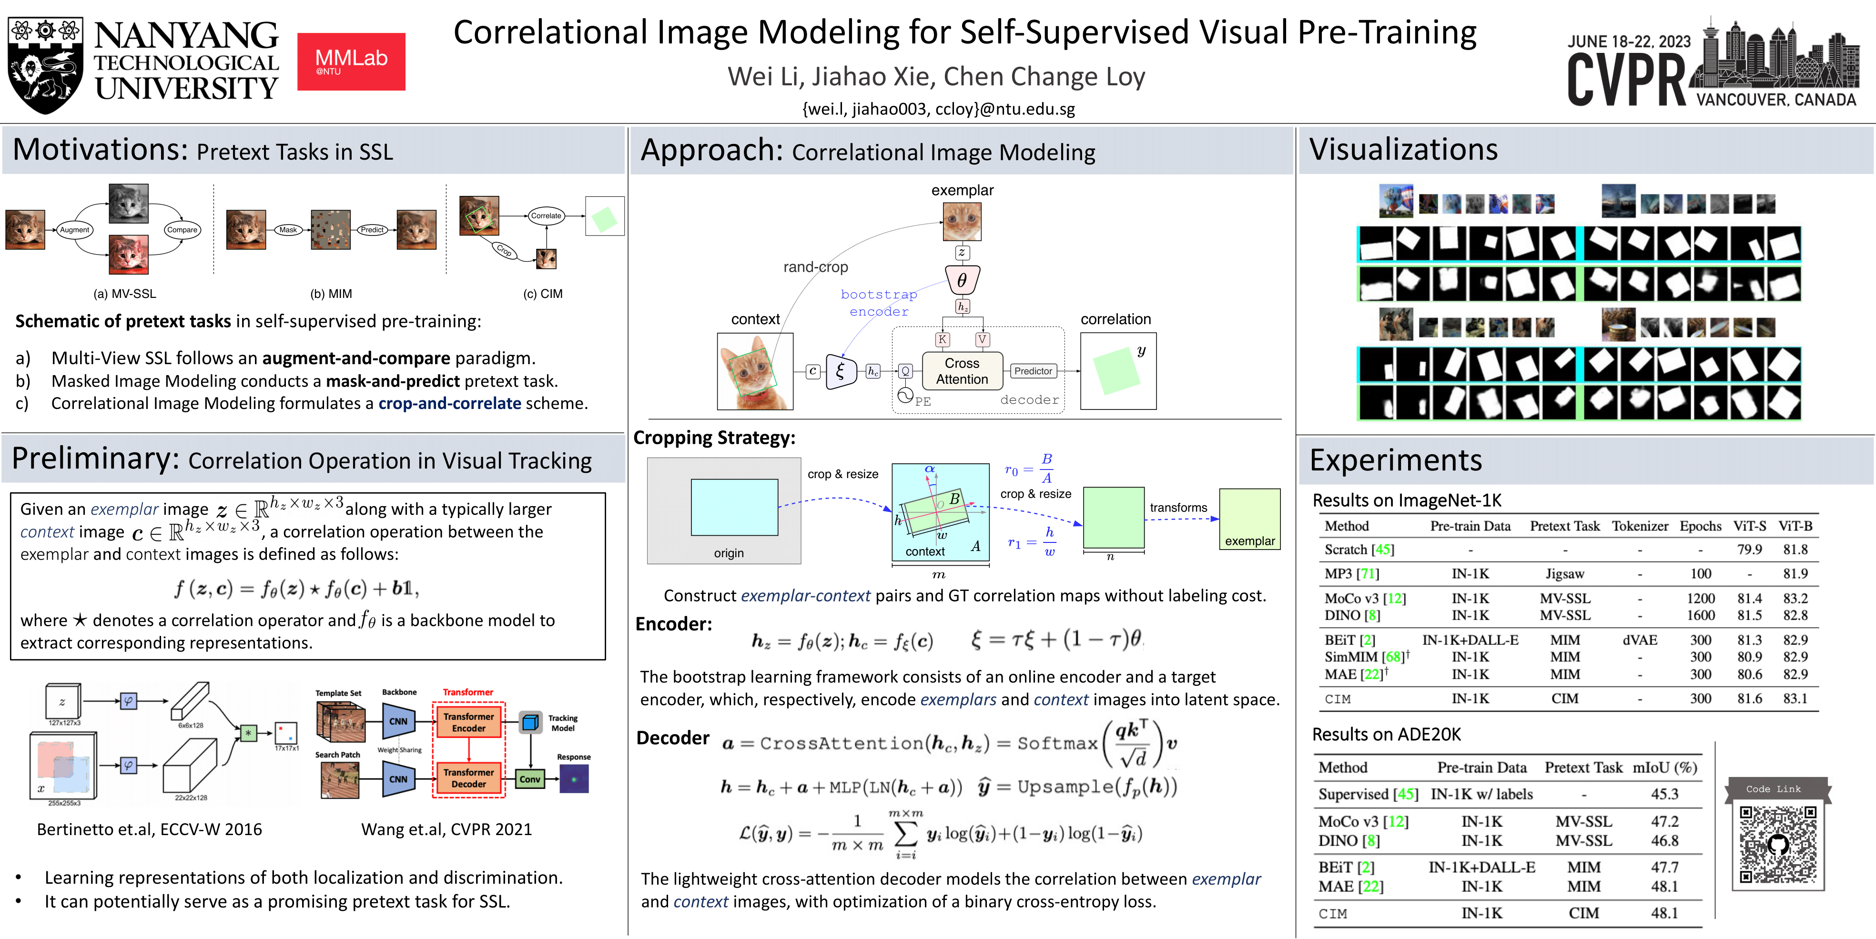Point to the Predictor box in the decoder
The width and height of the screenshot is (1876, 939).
click(x=1033, y=371)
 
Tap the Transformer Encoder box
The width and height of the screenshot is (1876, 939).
click(x=468, y=722)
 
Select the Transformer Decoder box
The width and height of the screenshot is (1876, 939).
click(x=468, y=778)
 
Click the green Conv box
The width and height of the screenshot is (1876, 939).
click(x=529, y=779)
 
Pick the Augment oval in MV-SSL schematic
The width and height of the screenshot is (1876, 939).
click(x=74, y=229)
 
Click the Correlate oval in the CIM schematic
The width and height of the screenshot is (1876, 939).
click(x=546, y=215)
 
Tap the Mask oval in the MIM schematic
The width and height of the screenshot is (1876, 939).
click(x=288, y=229)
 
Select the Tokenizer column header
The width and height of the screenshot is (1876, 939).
click(x=1639, y=526)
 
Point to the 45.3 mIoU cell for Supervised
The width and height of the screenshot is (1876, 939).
click(x=1664, y=794)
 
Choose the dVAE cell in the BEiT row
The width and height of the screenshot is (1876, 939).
click(x=1639, y=640)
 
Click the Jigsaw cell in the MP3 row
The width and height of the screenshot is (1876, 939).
click(x=1564, y=573)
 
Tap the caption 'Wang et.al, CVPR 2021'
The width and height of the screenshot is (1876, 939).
click(x=446, y=829)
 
